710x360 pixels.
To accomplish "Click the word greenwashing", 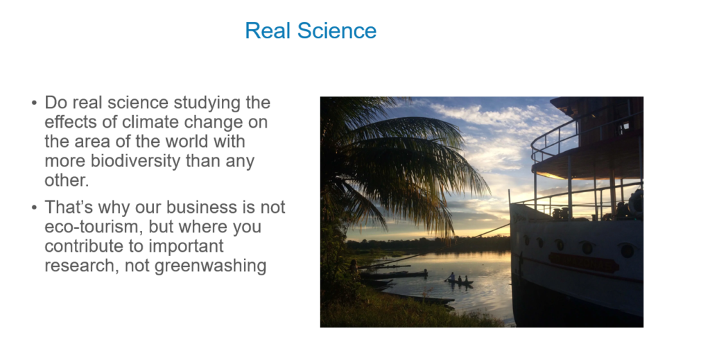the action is tap(211, 266).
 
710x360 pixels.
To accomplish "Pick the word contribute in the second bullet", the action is tap(83, 246).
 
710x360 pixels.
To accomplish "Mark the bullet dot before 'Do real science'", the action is tap(35, 103).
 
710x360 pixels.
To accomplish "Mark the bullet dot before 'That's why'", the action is tap(35, 207).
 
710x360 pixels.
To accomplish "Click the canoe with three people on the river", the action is tap(459, 281).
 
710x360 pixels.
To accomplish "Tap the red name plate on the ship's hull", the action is tap(583, 262).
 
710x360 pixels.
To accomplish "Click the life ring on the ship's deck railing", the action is tap(636, 202).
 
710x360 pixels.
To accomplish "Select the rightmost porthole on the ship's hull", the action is tap(627, 250).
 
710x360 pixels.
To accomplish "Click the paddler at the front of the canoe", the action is tap(451, 277).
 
